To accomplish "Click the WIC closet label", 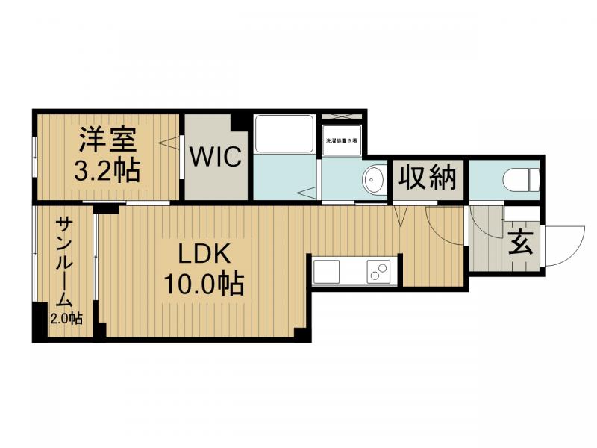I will point(215,157).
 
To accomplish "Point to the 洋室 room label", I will point(107,140).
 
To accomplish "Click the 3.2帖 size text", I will point(107,171).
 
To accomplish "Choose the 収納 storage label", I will point(427,179).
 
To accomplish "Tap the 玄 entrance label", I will point(520,243).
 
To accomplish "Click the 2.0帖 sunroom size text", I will point(65,319).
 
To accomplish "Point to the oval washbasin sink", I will point(373,179).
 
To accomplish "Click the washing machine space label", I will point(340,140).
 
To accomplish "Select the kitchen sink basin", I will point(327,271).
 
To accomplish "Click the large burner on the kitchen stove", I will point(381,270).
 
